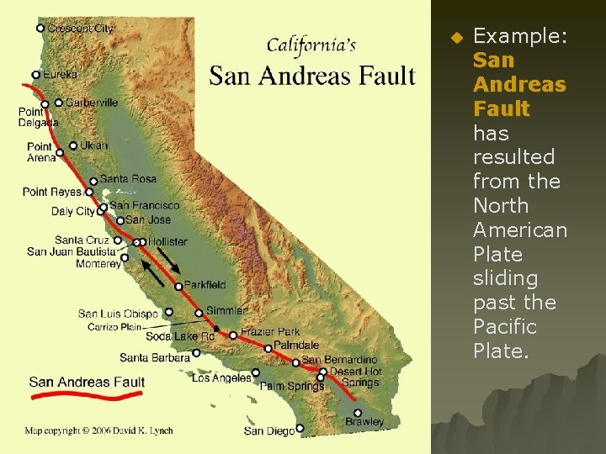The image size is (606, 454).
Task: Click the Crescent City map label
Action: point(80,29)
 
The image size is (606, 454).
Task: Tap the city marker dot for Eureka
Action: point(36,75)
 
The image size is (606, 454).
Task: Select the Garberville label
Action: point(92,103)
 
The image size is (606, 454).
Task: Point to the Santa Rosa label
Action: point(128,179)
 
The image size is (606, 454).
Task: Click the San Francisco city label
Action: point(144,205)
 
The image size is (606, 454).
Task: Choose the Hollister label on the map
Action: point(167,242)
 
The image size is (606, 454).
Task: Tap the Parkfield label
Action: point(205,286)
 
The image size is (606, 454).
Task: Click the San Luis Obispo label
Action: point(118,314)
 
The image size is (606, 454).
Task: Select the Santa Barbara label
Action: point(155,357)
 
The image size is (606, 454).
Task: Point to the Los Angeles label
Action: point(221,378)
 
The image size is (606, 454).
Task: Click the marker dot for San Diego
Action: point(300,429)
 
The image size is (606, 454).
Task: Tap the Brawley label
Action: point(364,422)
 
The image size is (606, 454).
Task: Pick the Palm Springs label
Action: point(291,387)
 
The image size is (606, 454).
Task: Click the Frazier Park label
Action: point(270,332)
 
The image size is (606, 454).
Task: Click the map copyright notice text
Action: point(98,430)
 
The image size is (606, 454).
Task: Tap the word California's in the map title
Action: point(311,45)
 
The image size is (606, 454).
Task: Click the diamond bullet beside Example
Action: point(455,38)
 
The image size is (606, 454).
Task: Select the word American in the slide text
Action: point(519,230)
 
